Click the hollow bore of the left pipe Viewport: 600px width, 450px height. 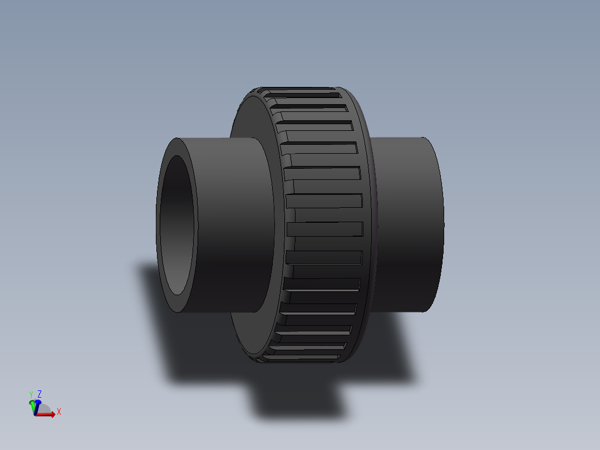click(178, 226)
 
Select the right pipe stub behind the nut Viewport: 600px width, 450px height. click(406, 223)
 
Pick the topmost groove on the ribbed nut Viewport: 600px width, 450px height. click(303, 96)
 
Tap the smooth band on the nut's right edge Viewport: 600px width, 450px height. click(368, 223)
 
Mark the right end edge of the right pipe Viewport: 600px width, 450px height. click(443, 223)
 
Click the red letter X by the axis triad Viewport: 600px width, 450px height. click(59, 412)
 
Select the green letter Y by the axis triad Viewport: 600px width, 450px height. click(31, 395)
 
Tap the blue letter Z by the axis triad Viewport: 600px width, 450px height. click(40, 394)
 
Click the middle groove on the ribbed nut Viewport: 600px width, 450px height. click(324, 228)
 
